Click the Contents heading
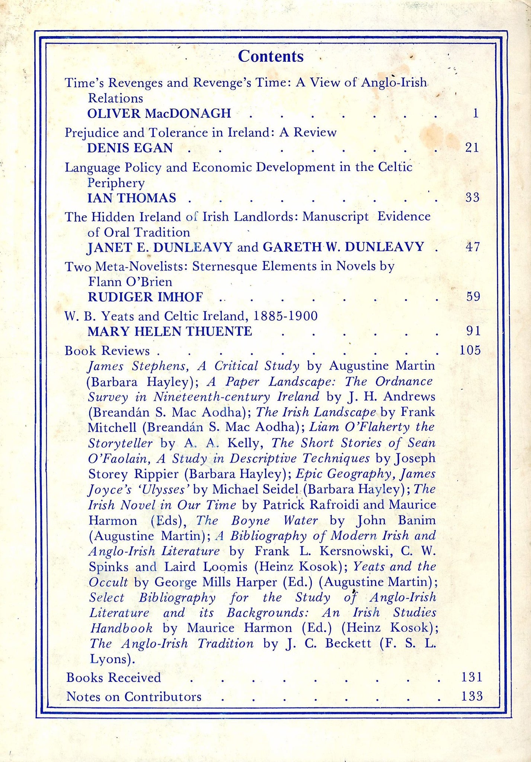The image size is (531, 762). pyautogui.click(x=271, y=57)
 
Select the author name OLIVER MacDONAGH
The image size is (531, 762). pyautogui.click(x=159, y=113)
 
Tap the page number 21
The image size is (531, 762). pyautogui.click(x=472, y=148)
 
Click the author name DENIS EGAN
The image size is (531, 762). pyautogui.click(x=130, y=148)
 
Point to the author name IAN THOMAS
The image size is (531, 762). pyautogui.click(x=132, y=198)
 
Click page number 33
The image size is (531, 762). pyautogui.click(x=472, y=197)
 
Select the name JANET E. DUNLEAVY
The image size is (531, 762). pyautogui.click(x=160, y=247)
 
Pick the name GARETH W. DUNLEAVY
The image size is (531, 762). pyautogui.click(x=343, y=247)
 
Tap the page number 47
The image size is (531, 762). pyautogui.click(x=473, y=247)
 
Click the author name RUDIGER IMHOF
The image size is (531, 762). pyautogui.click(x=145, y=297)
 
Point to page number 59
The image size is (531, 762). pyautogui.click(x=473, y=297)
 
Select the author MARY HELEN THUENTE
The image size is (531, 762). pyautogui.click(x=170, y=331)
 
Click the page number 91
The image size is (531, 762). pyautogui.click(x=473, y=331)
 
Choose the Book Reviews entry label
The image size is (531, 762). pyautogui.click(x=107, y=350)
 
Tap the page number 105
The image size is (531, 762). pyautogui.click(x=470, y=350)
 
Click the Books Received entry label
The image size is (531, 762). pyautogui.click(x=113, y=678)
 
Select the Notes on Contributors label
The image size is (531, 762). pyautogui.click(x=134, y=697)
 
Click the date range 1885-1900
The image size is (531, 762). pyautogui.click(x=285, y=316)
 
